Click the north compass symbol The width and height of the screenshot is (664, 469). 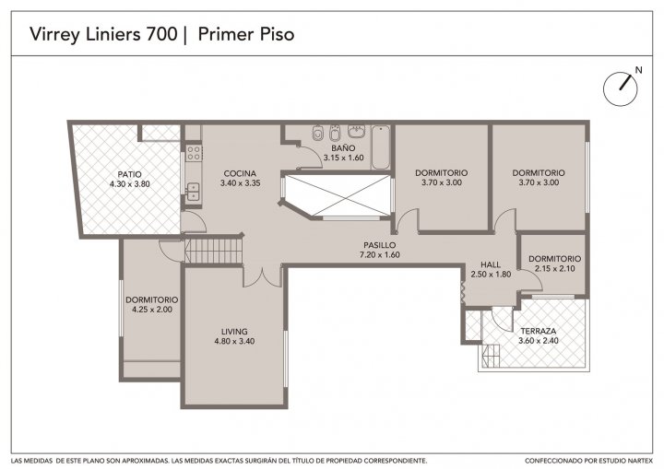[x=621, y=88]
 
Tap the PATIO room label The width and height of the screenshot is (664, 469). [x=130, y=174]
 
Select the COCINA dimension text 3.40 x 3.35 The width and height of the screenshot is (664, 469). [x=240, y=183]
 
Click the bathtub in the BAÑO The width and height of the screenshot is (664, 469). [x=381, y=147]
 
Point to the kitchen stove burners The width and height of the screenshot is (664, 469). [x=194, y=153]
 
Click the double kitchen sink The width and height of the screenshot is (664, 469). [x=193, y=192]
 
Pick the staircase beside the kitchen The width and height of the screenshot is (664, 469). [x=213, y=251]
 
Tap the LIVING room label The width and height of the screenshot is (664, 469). [x=234, y=332]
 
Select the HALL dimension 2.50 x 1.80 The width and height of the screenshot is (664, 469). [x=491, y=275]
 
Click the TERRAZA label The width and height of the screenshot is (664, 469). [x=539, y=331]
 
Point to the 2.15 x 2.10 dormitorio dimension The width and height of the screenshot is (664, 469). [x=555, y=268]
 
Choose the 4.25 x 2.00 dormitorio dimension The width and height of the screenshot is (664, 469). [x=152, y=310]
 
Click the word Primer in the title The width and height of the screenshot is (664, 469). [x=224, y=34]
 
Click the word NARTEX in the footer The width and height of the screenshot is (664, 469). [x=641, y=461]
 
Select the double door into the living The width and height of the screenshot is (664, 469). [x=263, y=276]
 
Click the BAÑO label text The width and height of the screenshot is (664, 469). [x=343, y=148]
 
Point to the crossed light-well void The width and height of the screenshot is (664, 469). [x=338, y=195]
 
